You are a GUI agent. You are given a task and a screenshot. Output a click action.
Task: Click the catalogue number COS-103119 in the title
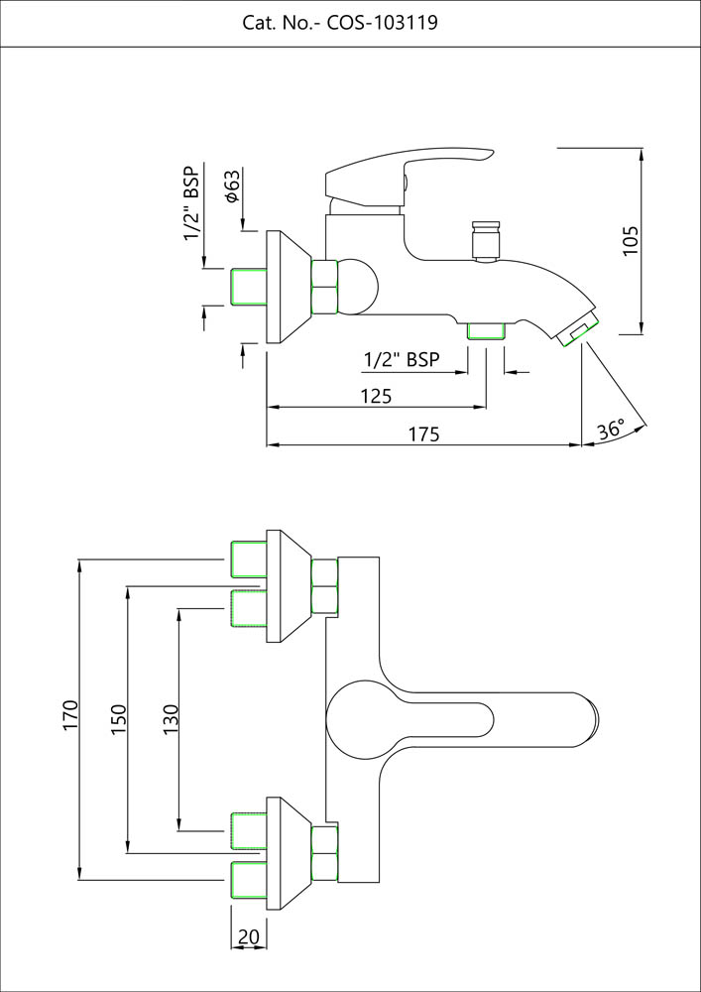point(381,23)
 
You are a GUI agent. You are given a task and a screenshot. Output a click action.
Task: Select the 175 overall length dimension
point(423,434)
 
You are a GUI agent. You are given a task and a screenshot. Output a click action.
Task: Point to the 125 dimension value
point(375,396)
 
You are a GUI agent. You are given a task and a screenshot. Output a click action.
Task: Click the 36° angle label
point(611,431)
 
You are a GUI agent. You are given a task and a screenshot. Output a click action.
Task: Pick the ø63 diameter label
point(232,186)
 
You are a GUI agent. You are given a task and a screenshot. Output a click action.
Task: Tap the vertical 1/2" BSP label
point(191,203)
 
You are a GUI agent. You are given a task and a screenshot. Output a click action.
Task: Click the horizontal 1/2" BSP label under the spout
point(402,359)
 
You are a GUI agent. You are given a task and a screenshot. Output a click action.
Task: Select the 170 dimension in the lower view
point(69,716)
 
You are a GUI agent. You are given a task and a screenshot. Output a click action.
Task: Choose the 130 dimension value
point(170,717)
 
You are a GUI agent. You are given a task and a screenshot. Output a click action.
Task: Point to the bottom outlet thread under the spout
point(485,330)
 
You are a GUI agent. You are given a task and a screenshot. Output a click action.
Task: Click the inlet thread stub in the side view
point(247,288)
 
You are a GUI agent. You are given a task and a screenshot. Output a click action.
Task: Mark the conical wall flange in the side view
point(288,288)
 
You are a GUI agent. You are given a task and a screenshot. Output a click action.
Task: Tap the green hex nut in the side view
point(325,287)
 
